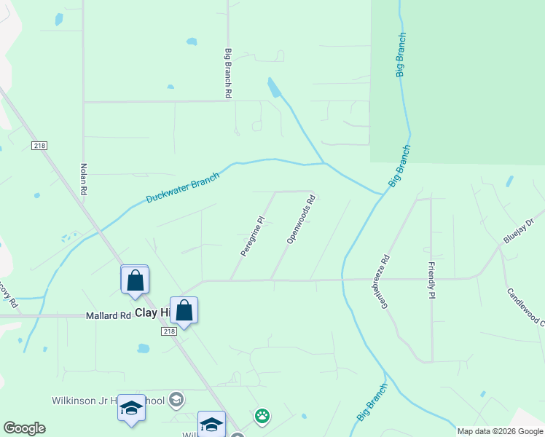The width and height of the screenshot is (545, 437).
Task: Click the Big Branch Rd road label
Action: [x=228, y=74]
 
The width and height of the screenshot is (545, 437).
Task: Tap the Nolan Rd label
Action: [x=85, y=178]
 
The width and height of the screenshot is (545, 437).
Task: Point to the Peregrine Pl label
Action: [x=251, y=235]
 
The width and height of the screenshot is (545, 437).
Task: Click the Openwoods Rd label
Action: [x=301, y=219]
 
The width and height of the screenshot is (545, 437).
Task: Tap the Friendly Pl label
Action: [x=431, y=280]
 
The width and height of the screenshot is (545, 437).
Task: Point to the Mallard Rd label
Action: [x=108, y=316]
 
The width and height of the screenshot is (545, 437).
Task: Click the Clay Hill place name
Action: [x=154, y=312]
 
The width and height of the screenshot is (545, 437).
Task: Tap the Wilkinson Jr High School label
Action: [x=108, y=401]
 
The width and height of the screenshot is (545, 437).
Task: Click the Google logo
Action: [x=24, y=428]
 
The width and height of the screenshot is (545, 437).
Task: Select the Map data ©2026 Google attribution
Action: [x=500, y=431]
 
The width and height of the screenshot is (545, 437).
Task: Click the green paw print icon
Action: [x=262, y=417]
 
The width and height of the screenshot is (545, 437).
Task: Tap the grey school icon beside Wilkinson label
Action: [x=176, y=399]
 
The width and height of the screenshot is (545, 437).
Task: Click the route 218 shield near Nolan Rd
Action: [x=39, y=146]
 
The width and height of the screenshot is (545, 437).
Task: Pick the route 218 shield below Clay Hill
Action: [x=168, y=331]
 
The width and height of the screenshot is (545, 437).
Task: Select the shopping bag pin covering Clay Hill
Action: [x=184, y=310]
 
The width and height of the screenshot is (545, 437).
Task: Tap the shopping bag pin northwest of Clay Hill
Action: [x=135, y=280]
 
